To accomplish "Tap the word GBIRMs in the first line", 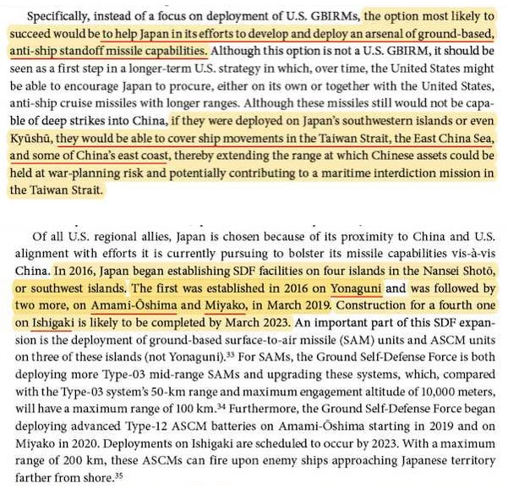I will tap(333, 16).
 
